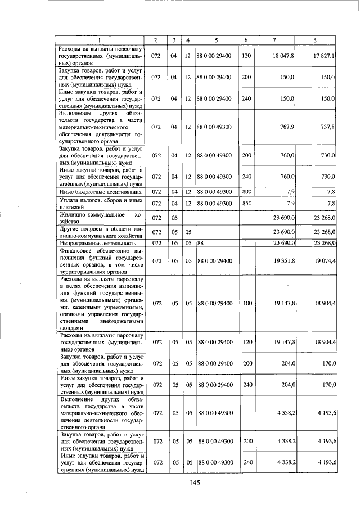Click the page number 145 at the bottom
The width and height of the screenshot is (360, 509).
click(x=195, y=482)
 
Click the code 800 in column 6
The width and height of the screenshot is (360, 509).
click(x=246, y=192)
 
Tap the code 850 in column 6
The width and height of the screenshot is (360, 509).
click(x=246, y=202)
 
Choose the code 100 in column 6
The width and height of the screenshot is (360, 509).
click(x=246, y=303)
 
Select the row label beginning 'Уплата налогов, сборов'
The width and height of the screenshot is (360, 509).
click(x=100, y=202)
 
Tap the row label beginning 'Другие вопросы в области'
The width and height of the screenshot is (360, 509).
click(x=100, y=232)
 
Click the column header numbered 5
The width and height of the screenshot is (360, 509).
click(x=216, y=40)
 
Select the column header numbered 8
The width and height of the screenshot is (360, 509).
click(x=315, y=40)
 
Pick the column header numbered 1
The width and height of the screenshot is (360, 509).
click(x=100, y=40)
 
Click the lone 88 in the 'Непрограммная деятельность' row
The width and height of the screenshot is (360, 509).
click(x=200, y=243)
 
